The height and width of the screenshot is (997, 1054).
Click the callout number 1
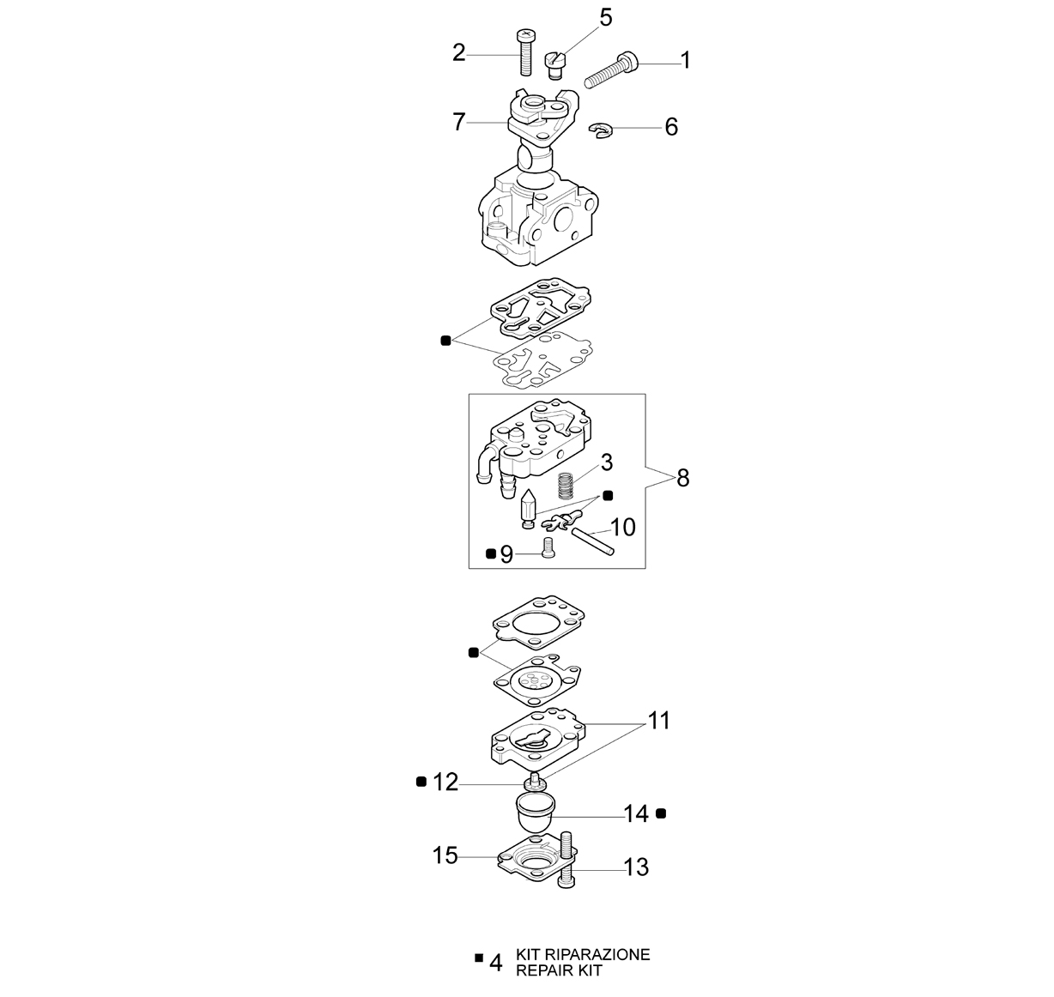click(685, 60)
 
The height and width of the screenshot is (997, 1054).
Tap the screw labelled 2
click(525, 53)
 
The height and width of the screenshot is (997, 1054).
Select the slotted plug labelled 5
click(554, 65)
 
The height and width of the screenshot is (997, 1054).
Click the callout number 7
click(459, 122)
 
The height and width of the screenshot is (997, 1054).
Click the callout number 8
click(682, 478)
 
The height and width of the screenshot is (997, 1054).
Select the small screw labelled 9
click(547, 547)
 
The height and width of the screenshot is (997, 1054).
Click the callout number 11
click(659, 721)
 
